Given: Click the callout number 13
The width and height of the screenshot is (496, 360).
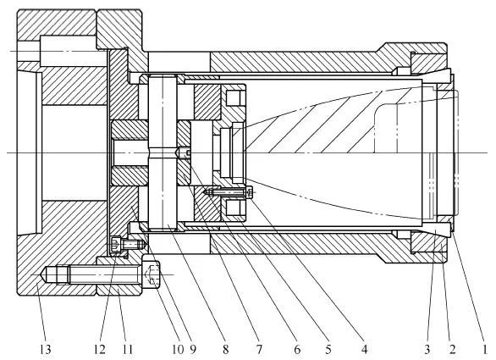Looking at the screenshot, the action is pos(45,350).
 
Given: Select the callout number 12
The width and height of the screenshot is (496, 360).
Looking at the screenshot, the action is pos(99,350).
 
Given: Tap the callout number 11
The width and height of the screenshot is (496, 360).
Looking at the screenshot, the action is pos(127,350).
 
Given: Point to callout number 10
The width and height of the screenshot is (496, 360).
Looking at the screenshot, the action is pos(178,350).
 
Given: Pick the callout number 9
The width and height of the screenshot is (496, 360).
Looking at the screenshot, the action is pos(193,350).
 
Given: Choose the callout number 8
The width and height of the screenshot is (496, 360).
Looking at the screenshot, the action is pos(225,350).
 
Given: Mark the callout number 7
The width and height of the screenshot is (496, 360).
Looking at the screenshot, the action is pos(259,350).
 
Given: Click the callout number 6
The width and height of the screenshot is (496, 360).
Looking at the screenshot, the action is pos(297,350).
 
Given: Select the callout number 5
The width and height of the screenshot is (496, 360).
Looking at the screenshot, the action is pos(328,350).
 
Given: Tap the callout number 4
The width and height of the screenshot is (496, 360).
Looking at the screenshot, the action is pos(364,350).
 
